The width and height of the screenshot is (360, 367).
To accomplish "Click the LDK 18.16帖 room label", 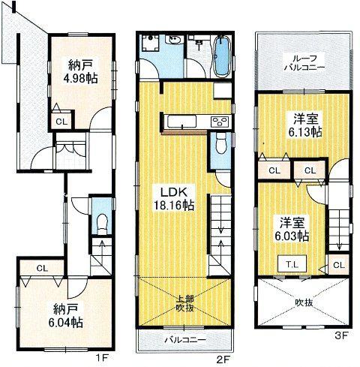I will [172, 197].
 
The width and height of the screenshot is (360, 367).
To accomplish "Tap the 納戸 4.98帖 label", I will [73, 69].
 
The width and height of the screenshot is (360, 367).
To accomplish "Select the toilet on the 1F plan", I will [101, 223].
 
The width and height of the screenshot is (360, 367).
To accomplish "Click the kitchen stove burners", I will [220, 122].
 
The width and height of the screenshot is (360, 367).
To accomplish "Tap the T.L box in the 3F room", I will [289, 264].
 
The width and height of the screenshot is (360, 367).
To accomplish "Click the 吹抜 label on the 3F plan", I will [303, 302].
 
